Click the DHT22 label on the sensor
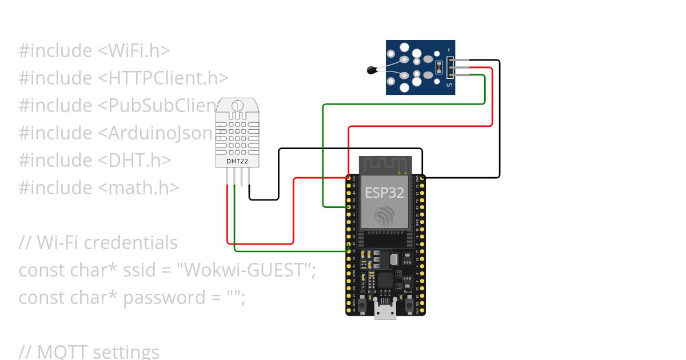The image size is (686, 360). point(237,161)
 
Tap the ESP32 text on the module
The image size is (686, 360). point(385,193)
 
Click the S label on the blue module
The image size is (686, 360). point(449,86)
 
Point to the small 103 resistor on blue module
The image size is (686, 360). point(438,67)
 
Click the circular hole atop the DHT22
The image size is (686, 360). point(237,106)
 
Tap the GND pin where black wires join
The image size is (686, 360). point(422,178)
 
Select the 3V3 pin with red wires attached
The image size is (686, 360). point(348,178)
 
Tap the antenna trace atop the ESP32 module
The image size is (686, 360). point(385,165)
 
